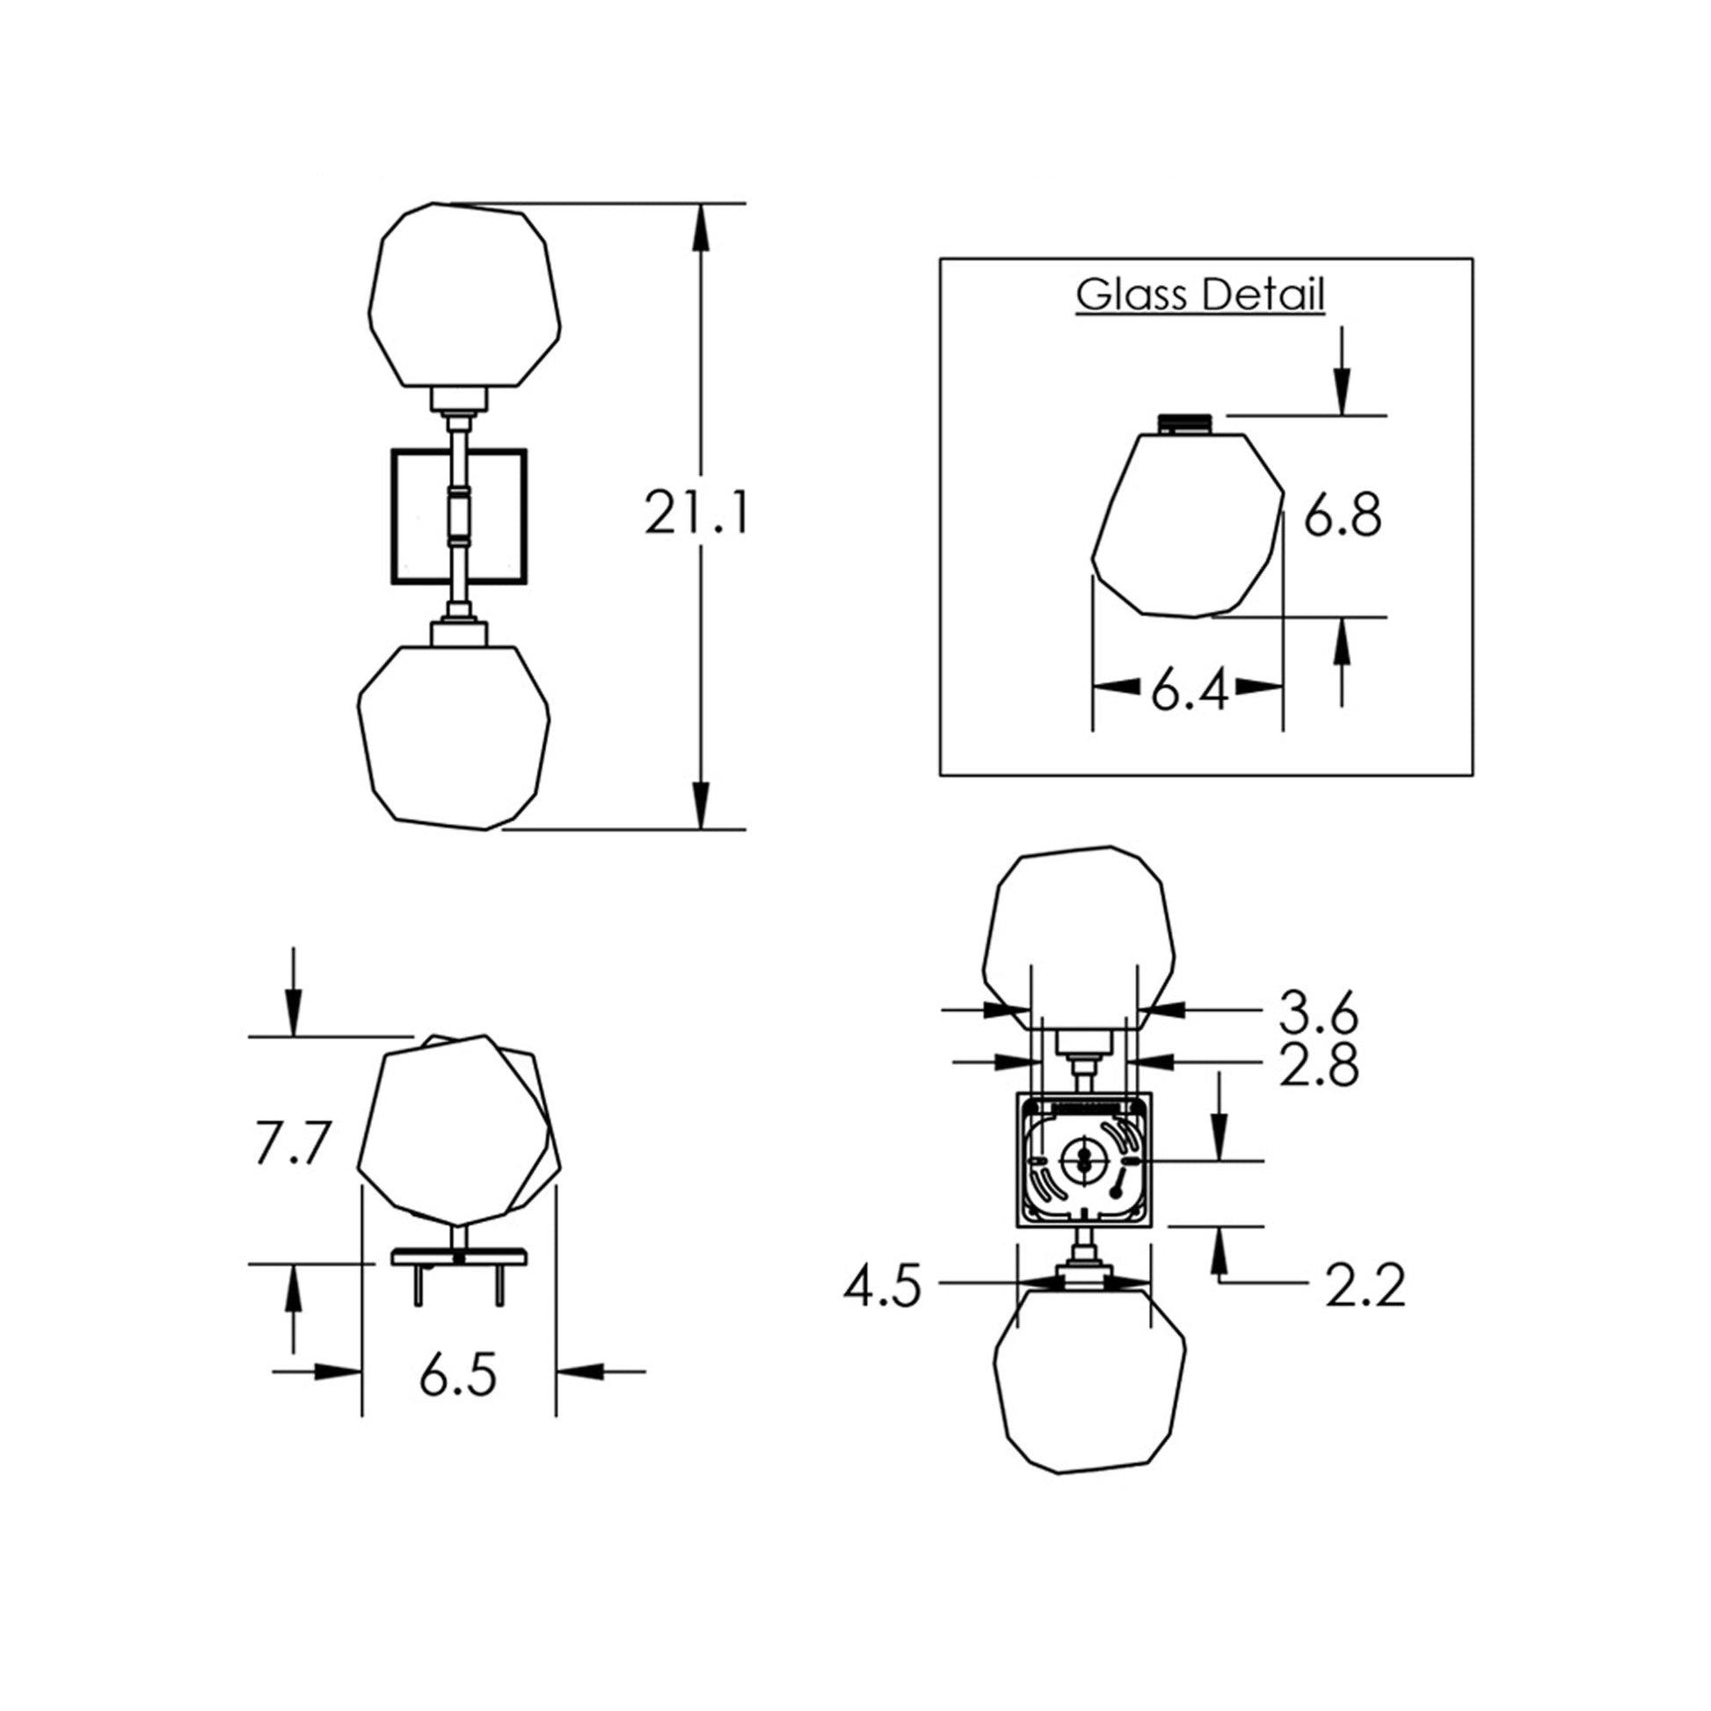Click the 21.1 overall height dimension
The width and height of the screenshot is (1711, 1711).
[x=696, y=513]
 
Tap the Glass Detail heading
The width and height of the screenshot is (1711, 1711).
[x=1200, y=295]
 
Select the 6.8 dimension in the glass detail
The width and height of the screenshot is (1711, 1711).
[x=1342, y=516]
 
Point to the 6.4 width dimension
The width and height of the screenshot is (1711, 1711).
[x=1190, y=692]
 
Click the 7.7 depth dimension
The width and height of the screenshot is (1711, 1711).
[x=292, y=1143]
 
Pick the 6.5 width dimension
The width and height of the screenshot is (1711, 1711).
[x=458, y=1375]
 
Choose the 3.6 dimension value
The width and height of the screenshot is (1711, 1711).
[x=1318, y=1013]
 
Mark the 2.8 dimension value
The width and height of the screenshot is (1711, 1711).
[x=1318, y=1066]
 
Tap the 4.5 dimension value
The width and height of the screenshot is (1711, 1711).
[x=882, y=1286]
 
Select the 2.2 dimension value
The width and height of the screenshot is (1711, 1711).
[x=1365, y=1287]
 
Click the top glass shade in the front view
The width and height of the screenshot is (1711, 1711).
[x=465, y=295]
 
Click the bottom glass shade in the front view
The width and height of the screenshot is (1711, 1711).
[x=454, y=738]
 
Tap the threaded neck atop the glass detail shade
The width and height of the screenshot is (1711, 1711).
[x=1189, y=422]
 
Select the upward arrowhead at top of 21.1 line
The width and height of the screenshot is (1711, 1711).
[x=702, y=226]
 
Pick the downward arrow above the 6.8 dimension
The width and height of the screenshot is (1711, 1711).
[x=1342, y=390]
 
